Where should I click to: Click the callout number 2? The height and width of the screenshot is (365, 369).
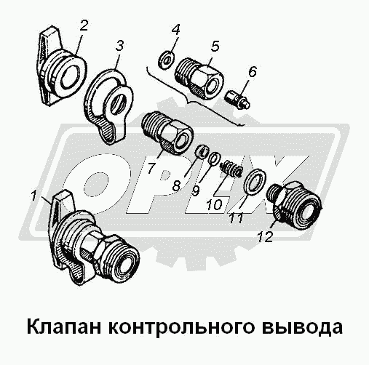click(x=84, y=25)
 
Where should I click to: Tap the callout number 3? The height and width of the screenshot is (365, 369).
click(x=119, y=46)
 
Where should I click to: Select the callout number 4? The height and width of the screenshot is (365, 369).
click(x=175, y=30)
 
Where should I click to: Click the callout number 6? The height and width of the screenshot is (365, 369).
click(x=252, y=71)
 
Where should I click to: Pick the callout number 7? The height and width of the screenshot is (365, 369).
click(x=151, y=168)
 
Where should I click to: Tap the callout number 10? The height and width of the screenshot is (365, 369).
click(x=215, y=204)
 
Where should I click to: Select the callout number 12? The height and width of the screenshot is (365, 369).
click(x=265, y=236)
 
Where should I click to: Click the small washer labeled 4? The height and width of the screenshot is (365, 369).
click(x=166, y=60)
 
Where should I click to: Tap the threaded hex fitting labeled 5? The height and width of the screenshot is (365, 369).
click(x=199, y=78)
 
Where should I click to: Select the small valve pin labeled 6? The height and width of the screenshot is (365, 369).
click(x=237, y=100)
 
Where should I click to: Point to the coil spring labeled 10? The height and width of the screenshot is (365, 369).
click(x=231, y=169)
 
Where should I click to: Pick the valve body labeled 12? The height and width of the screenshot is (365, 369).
click(x=295, y=204)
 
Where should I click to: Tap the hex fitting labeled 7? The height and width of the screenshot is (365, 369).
click(x=167, y=132)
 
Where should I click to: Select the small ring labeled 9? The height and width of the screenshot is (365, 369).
click(x=215, y=159)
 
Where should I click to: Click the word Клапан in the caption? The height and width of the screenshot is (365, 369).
click(x=64, y=327)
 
